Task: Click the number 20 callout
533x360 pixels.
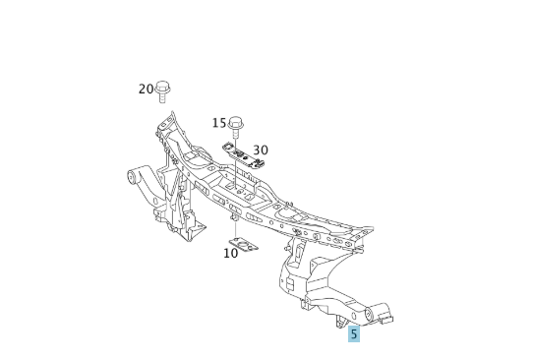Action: [146, 90]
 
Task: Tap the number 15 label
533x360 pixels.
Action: [219, 123]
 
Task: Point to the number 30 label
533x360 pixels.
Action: [261, 150]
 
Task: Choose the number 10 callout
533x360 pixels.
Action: [231, 253]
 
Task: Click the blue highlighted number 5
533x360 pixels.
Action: [353, 334]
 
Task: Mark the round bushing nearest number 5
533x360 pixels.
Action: [372, 315]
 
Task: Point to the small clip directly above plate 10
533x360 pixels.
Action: [236, 220]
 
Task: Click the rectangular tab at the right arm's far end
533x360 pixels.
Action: [386, 318]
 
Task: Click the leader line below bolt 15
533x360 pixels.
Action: [236, 137]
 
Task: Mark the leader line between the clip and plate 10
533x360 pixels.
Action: [236, 230]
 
